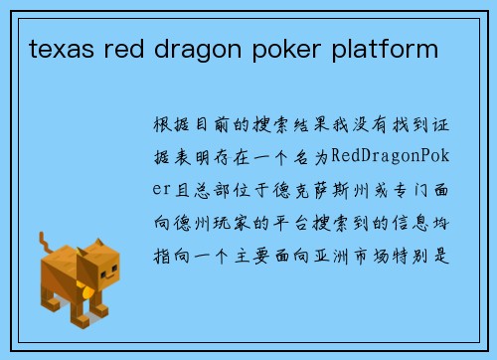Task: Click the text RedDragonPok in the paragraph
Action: coord(394,157)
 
